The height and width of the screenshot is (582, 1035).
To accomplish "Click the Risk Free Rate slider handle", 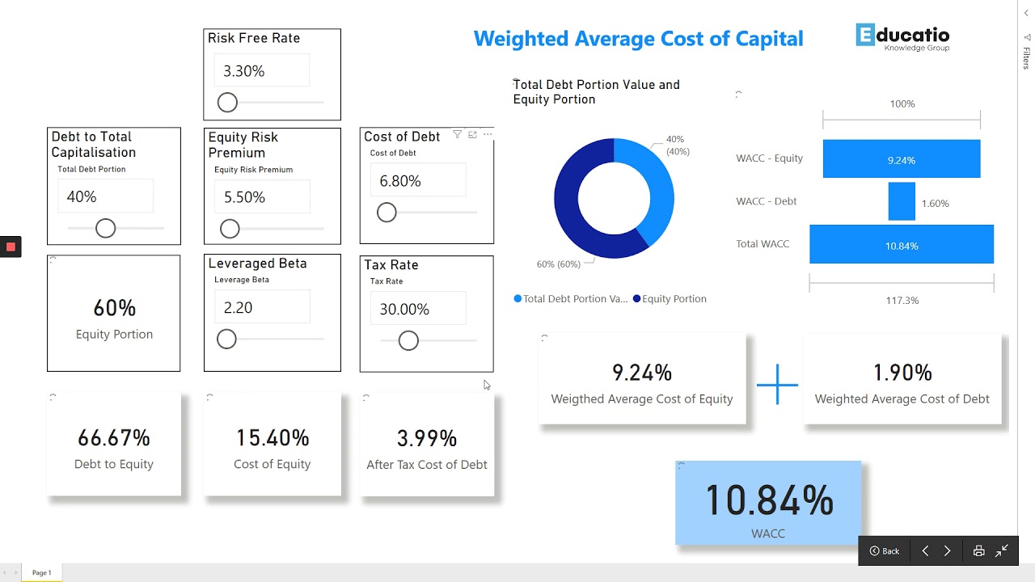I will [227, 103].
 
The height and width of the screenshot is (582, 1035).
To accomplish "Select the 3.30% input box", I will [261, 71].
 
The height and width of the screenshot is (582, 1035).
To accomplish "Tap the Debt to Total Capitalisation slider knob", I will [105, 229].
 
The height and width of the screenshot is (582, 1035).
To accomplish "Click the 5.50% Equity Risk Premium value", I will [261, 197].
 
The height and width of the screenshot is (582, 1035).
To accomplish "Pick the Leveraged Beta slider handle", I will [226, 339].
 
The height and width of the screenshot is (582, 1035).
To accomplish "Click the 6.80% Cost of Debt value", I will [417, 181].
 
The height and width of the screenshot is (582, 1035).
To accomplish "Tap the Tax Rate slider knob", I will [408, 341].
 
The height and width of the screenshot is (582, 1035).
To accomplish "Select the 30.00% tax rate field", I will [417, 310].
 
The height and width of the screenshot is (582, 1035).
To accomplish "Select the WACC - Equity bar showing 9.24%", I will [901, 159].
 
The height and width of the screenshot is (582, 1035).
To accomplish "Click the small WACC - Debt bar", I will [902, 201].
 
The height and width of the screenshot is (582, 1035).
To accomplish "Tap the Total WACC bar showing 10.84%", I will [901, 245].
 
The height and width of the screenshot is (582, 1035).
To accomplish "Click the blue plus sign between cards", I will [777, 384].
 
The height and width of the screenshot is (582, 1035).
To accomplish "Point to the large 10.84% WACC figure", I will [769, 500].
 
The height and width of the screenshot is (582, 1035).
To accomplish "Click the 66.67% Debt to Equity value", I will [114, 438].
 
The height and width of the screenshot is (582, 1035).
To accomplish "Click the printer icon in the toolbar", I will [978, 550].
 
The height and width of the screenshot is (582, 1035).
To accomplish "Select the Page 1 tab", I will [41, 573].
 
